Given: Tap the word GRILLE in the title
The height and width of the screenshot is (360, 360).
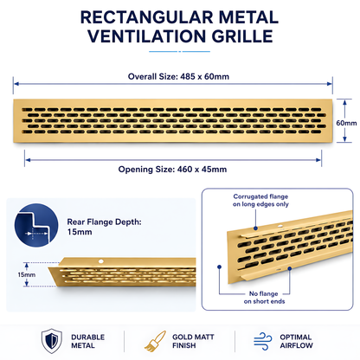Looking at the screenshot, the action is point(242,36).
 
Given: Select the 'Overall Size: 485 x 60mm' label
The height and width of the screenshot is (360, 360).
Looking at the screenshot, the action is point(178,77).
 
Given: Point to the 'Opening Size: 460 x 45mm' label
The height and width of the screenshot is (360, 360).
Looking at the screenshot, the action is point(172,170).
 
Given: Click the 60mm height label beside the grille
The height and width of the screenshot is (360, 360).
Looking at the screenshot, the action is point(346,123).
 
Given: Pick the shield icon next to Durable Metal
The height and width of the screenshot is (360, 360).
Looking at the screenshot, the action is point(52,341).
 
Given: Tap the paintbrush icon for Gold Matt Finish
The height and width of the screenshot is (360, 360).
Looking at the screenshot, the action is point(155,342).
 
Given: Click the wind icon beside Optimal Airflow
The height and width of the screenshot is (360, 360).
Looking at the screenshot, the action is point(263,341).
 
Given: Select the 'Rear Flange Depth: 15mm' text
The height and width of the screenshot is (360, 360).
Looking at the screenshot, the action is point(104,227).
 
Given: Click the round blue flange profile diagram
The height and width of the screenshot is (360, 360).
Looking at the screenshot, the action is point(36,225).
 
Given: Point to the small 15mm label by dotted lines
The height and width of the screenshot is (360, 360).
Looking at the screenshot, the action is point(27,274).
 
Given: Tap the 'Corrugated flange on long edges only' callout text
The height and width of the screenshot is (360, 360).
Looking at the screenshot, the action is point(260,200).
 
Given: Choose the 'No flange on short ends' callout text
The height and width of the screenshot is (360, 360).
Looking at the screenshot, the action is point(264,298).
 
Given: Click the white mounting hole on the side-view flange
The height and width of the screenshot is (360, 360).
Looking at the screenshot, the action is point(101,261).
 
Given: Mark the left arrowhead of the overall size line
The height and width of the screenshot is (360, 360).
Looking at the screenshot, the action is point(16,84).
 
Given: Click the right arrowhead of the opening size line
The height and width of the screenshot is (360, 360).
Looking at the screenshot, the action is point(318,160).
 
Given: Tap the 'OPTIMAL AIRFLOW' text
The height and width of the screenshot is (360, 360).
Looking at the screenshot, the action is point(296,341).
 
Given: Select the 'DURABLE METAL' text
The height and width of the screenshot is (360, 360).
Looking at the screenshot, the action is point(88,341).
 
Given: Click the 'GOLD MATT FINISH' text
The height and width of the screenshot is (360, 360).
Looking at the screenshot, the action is point(193,341).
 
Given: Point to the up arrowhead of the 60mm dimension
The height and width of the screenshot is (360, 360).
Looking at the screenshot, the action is point(345,102).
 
